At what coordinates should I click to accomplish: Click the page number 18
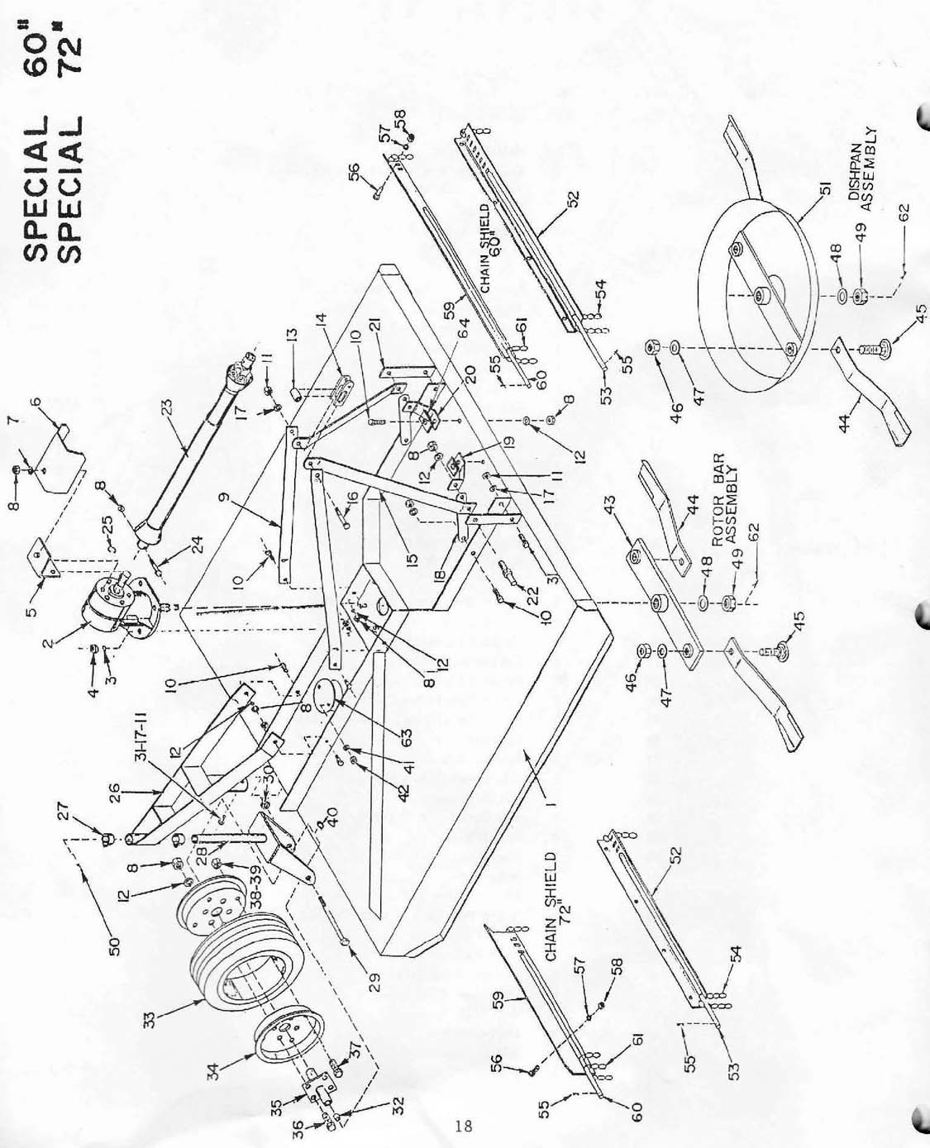tap(463, 1126)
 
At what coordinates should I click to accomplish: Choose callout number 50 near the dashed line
tap(115, 946)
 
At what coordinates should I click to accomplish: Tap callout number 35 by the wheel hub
tap(299, 1074)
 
